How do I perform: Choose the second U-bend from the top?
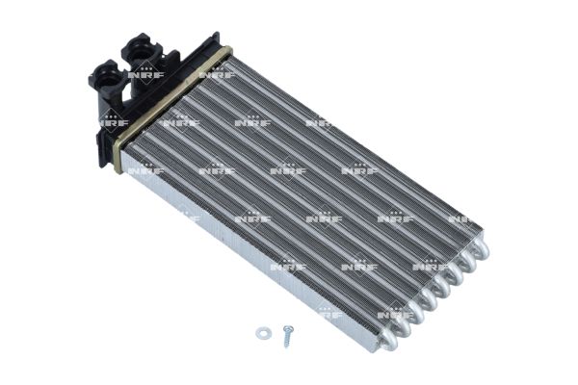467,262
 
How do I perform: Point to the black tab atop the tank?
212,40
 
